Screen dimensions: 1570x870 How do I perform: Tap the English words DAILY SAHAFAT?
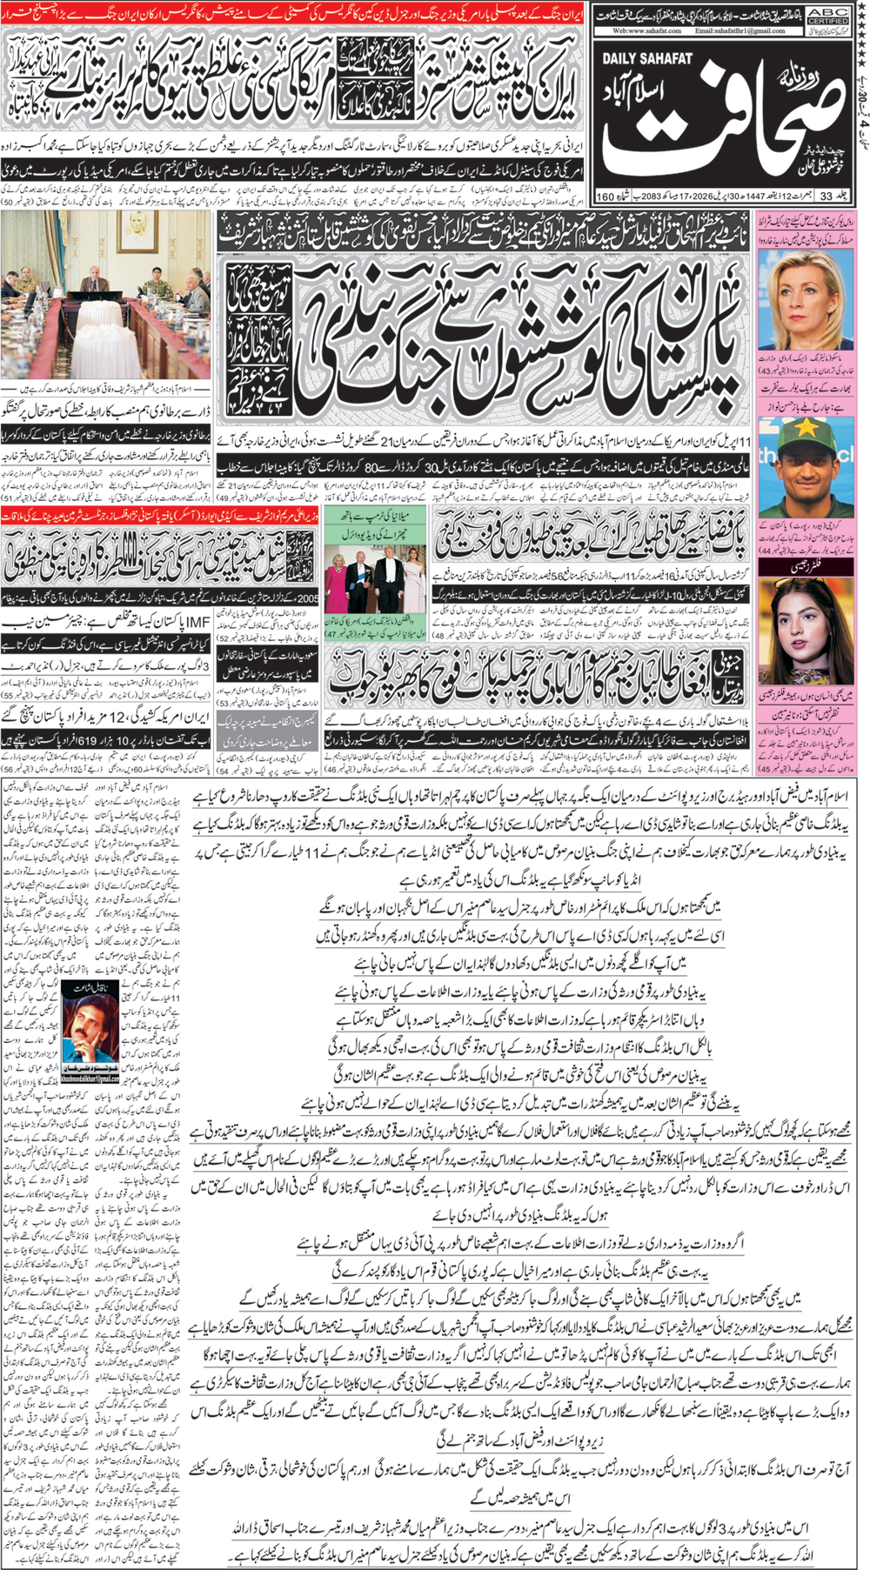(646, 59)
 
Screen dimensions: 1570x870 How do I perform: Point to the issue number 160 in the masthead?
(606, 196)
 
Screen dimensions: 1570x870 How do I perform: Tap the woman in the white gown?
(409, 575)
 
